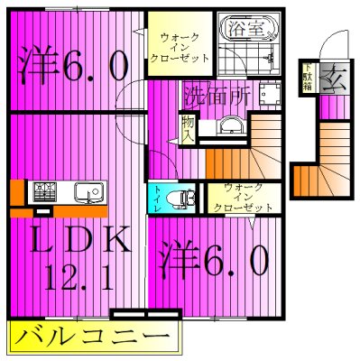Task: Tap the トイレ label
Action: [158, 197]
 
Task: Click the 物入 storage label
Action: [189, 129]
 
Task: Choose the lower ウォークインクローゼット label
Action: [242, 197]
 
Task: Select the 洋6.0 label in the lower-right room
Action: [214, 263]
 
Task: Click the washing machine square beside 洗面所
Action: [268, 94]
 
